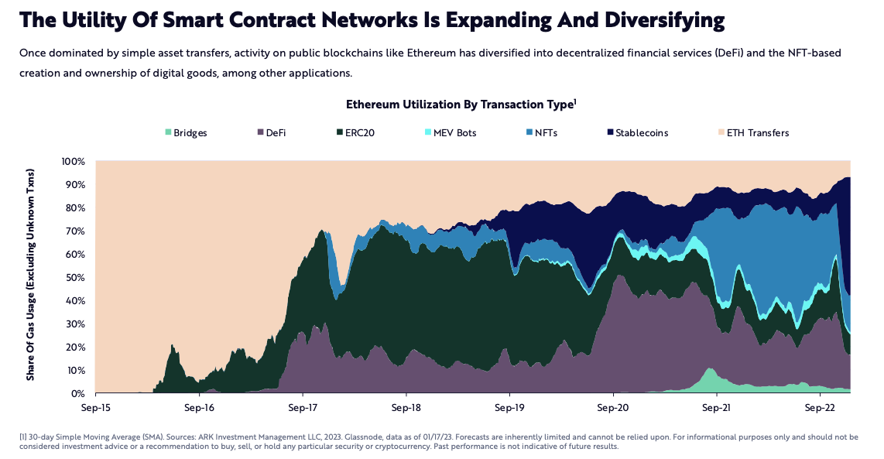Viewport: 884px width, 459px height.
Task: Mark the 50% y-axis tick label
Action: tap(74, 278)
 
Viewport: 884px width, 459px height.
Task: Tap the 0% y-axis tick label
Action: tap(77, 394)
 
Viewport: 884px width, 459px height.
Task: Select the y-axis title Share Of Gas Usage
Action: tap(31, 277)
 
